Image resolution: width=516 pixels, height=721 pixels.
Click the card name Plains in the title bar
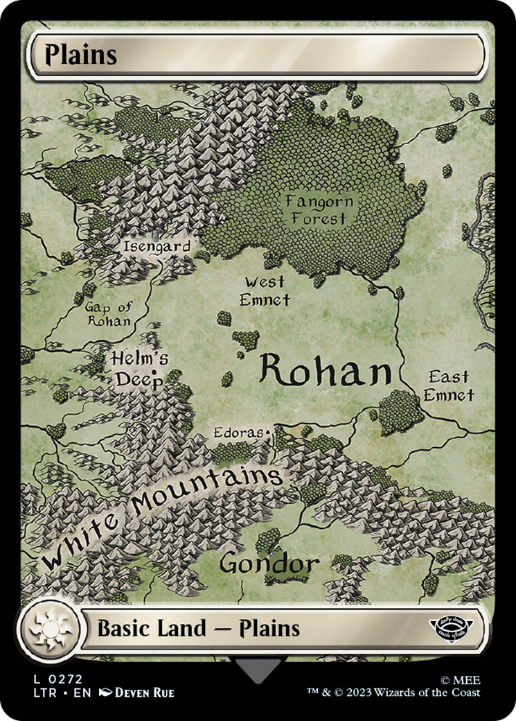click(x=81, y=55)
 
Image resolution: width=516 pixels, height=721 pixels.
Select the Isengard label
click(x=156, y=246)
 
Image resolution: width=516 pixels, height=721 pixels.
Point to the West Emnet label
click(x=264, y=291)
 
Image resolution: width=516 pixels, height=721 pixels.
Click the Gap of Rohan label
click(x=108, y=313)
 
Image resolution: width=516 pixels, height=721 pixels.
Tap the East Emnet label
click(x=449, y=386)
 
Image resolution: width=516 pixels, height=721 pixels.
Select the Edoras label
click(x=239, y=433)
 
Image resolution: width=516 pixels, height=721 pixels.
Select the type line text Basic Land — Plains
click(x=198, y=629)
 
